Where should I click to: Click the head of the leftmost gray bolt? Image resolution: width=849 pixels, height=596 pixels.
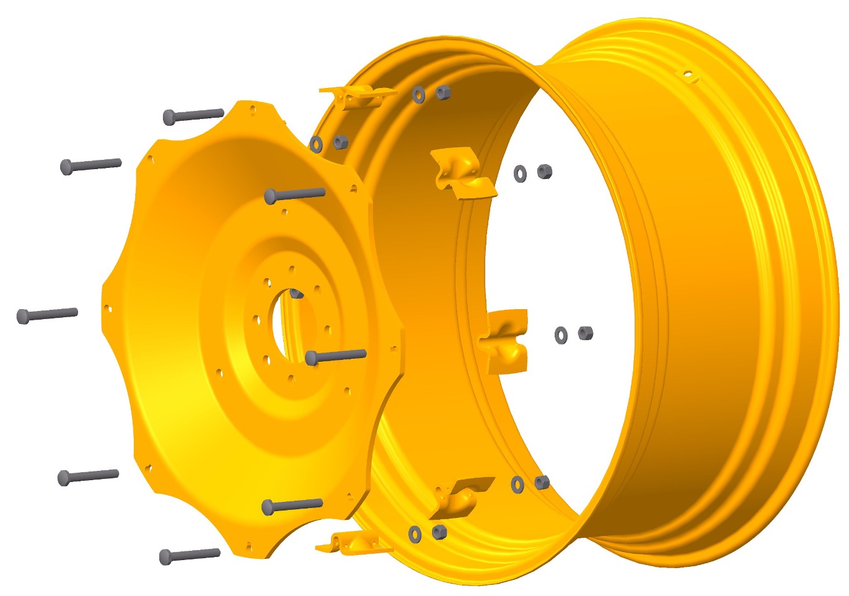(x=23, y=317)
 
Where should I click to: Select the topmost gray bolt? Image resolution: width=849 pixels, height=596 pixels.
(x=193, y=115)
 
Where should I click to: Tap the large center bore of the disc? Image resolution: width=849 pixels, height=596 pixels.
(x=286, y=322)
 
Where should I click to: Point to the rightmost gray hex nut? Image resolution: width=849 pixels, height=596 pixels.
(x=585, y=333)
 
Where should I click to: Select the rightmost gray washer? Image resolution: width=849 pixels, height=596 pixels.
(x=561, y=335)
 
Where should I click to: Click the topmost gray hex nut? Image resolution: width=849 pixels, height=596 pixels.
(x=442, y=93)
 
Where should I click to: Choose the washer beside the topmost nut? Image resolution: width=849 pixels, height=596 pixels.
(x=419, y=95)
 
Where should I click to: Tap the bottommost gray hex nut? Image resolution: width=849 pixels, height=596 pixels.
(x=439, y=532)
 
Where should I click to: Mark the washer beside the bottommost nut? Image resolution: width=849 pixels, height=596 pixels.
(x=415, y=533)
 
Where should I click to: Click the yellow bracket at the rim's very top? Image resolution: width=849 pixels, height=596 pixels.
(x=357, y=97)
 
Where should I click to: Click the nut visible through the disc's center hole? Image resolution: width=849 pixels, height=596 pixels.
(x=297, y=293)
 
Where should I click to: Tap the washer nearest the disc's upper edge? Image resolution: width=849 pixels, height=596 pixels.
(x=316, y=144)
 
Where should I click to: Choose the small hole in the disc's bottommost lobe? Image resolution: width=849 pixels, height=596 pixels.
(x=249, y=546)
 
